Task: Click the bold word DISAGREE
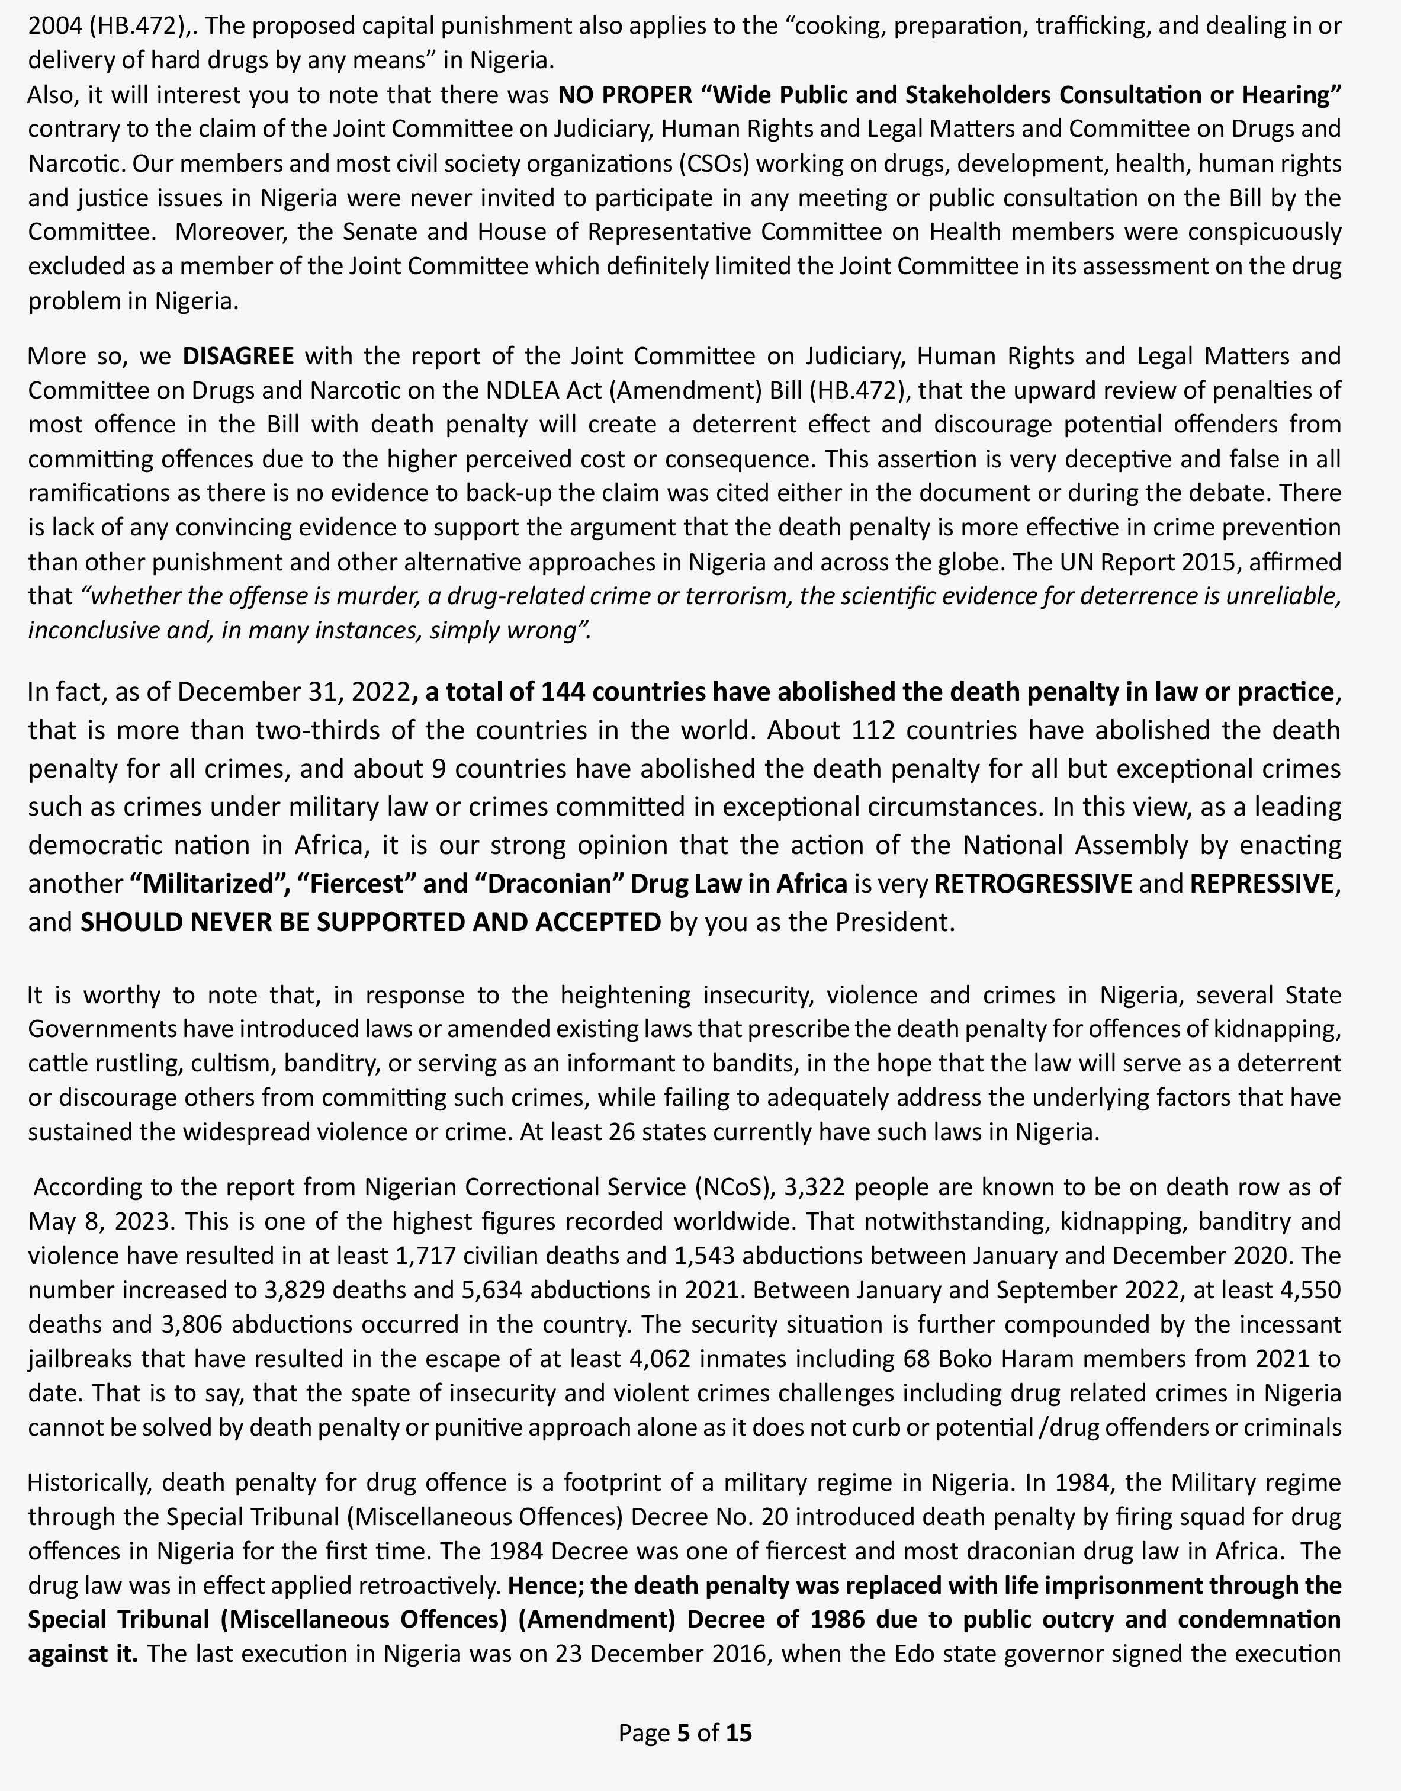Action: pos(238,356)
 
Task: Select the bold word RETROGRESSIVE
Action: pos(1033,884)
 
